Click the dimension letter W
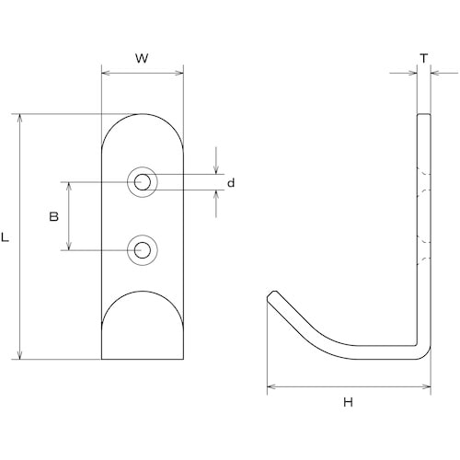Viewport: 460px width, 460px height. click(142, 58)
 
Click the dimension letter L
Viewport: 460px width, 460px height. click(6, 237)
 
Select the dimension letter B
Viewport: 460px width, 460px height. click(53, 217)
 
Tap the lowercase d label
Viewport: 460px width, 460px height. click(231, 183)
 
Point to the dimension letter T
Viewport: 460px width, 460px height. click(424, 58)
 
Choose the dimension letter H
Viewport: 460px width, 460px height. click(348, 402)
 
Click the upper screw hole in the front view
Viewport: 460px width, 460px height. click(143, 182)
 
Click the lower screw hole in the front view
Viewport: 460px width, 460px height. click(143, 250)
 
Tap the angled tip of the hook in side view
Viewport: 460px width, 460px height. click(272, 295)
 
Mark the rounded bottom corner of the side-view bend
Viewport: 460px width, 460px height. click(426, 354)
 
